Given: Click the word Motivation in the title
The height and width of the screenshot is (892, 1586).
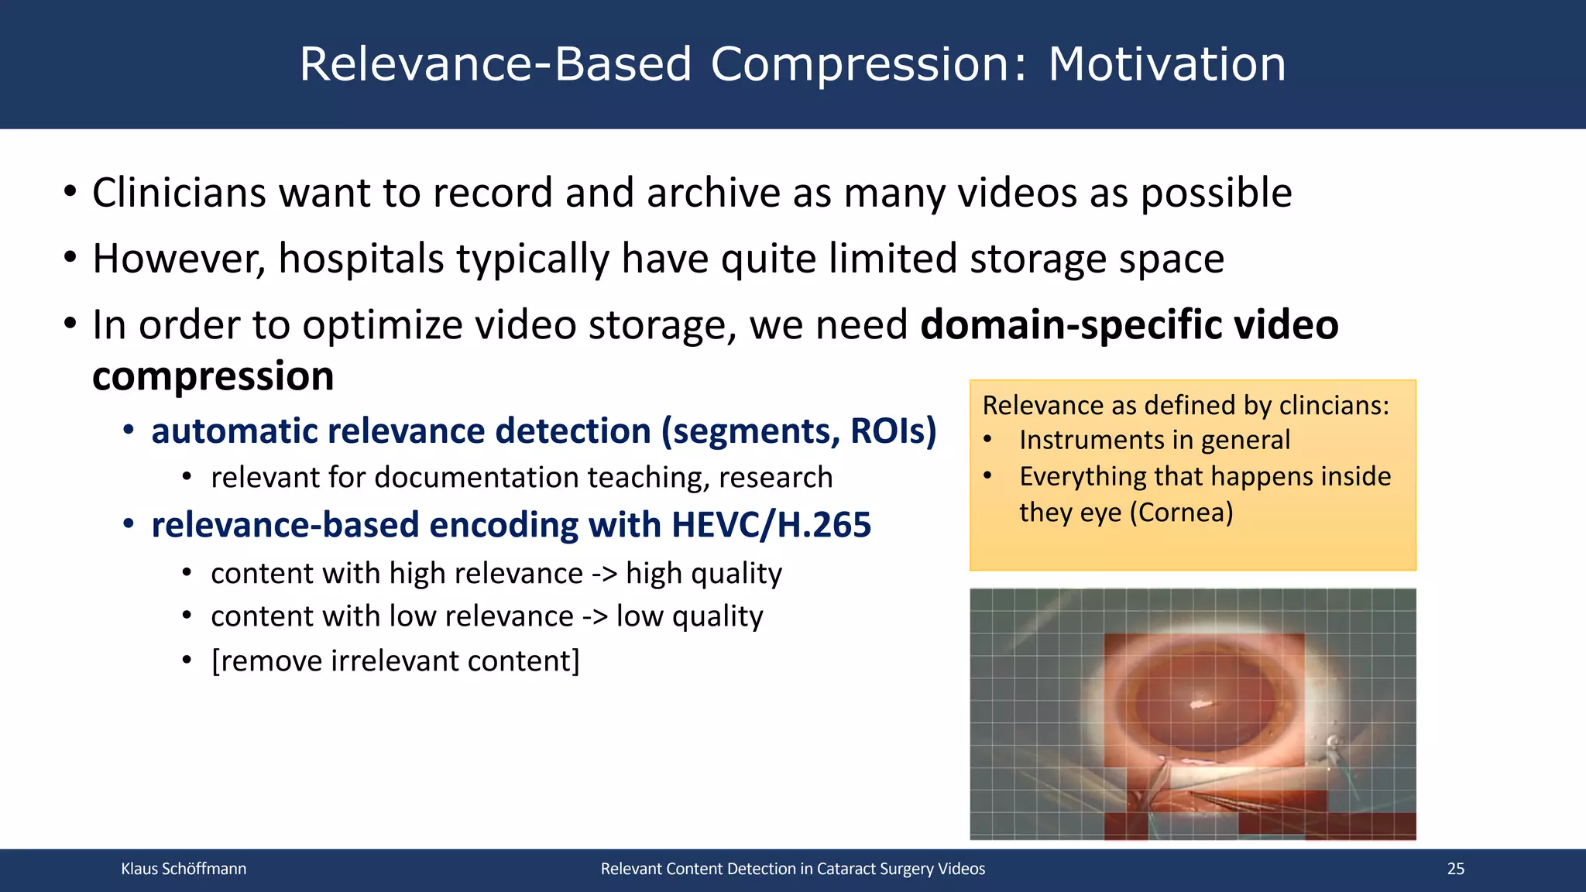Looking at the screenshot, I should click(1166, 64).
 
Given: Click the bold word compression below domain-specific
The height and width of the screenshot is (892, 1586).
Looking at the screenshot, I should click(213, 376).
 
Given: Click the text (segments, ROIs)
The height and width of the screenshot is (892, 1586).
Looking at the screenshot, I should click(798, 431).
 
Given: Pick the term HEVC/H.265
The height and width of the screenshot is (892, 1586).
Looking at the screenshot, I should click(771, 525).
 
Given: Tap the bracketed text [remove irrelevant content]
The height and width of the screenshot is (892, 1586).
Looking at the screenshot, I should click(395, 661).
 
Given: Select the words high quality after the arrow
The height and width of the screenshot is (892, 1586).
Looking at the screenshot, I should click(703, 574).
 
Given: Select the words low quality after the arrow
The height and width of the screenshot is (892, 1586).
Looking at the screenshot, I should click(689, 616).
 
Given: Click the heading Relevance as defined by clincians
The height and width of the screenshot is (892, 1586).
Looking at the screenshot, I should click(1185, 405).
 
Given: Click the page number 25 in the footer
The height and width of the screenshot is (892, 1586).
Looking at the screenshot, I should click(1455, 869).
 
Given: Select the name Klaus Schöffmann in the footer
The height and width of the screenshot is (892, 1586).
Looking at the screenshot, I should click(184, 869).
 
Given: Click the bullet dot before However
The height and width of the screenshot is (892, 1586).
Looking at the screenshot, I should click(70, 257).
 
